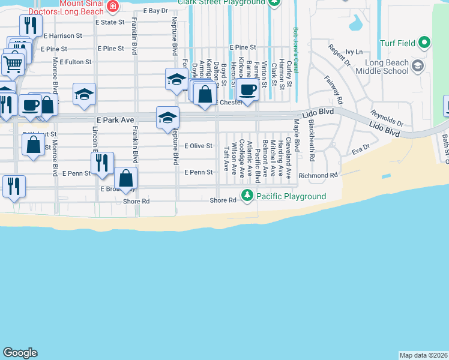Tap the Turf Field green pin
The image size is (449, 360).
coord(424,43)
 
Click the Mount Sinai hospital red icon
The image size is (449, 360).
coord(112,5)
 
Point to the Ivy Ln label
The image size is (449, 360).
coord(354,53)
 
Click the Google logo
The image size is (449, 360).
coord(20,353)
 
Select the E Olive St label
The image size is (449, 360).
coord(199,146)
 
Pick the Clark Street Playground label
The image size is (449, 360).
coord(221,2)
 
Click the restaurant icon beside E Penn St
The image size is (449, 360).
coord(102,162)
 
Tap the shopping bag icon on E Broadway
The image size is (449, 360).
coord(126,178)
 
